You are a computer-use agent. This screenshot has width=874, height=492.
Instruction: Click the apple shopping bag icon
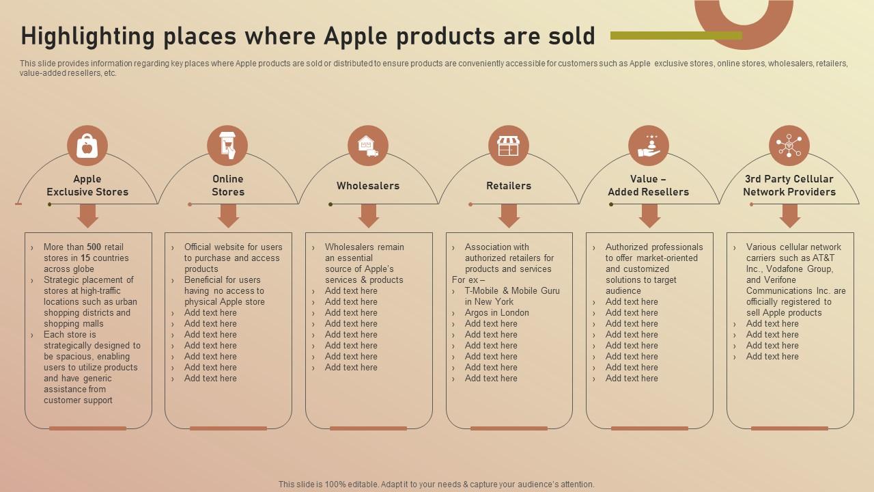pyautogui.click(x=87, y=146)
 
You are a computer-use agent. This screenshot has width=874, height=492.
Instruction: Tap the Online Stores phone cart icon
pyautogui.click(x=227, y=146)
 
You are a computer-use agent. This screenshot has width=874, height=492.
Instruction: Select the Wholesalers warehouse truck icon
pyautogui.click(x=368, y=146)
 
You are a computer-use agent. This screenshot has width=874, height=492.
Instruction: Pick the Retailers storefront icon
pyautogui.click(x=509, y=146)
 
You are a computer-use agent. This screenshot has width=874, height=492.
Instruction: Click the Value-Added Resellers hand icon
pyautogui.click(x=649, y=146)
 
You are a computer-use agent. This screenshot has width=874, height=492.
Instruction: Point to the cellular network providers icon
pyautogui.click(x=789, y=146)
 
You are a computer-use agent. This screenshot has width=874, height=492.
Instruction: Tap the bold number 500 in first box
pyautogui.click(x=94, y=247)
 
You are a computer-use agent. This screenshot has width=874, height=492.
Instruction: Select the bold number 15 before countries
pyautogui.click(x=85, y=258)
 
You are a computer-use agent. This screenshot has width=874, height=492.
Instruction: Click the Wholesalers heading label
pyautogui.click(x=368, y=186)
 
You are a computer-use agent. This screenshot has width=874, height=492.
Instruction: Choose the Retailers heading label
pyautogui.click(x=509, y=186)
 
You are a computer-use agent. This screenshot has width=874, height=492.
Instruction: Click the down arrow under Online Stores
pyautogui.click(x=228, y=216)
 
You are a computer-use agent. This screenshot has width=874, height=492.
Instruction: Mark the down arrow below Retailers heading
pyautogui.click(x=509, y=216)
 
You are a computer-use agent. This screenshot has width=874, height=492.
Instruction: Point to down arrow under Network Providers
pyautogui.click(x=790, y=216)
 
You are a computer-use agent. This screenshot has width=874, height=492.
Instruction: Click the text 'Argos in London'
pyautogui.click(x=497, y=313)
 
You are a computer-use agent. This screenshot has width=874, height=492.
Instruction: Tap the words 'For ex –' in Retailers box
pyautogui.click(x=468, y=280)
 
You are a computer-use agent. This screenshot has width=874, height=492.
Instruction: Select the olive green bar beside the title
pyautogui.click(x=676, y=36)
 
